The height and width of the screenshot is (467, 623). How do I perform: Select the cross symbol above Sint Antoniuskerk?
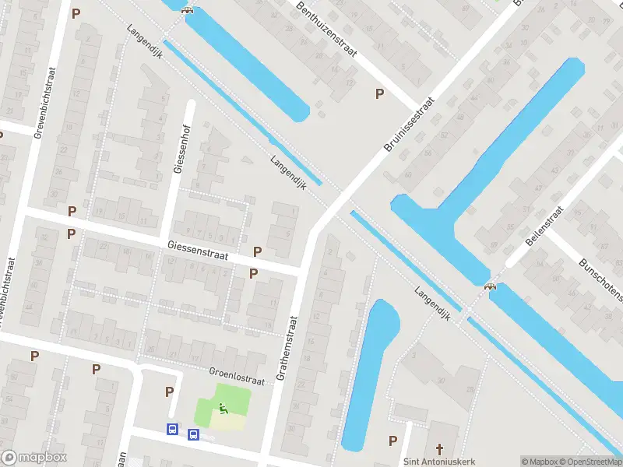tap(438, 448)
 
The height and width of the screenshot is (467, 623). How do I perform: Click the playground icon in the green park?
tap(223, 407)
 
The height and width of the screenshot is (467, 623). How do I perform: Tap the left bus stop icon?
tap(172, 429)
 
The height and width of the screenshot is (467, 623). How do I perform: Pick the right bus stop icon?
tap(193, 434)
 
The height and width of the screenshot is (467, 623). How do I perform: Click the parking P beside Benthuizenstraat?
tap(379, 93)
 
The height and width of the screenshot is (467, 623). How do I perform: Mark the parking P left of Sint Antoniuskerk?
tap(392, 441)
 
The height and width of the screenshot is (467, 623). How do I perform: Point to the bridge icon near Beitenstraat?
tap(491, 286)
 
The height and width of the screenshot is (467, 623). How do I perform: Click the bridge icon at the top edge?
tap(186, 9)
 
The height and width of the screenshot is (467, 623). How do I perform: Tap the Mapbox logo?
tap(34, 458)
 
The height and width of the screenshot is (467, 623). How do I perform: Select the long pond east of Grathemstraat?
tap(369, 374)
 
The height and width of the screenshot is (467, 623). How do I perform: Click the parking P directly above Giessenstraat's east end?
tap(258, 251)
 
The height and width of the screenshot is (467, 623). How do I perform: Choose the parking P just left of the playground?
tap(169, 392)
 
